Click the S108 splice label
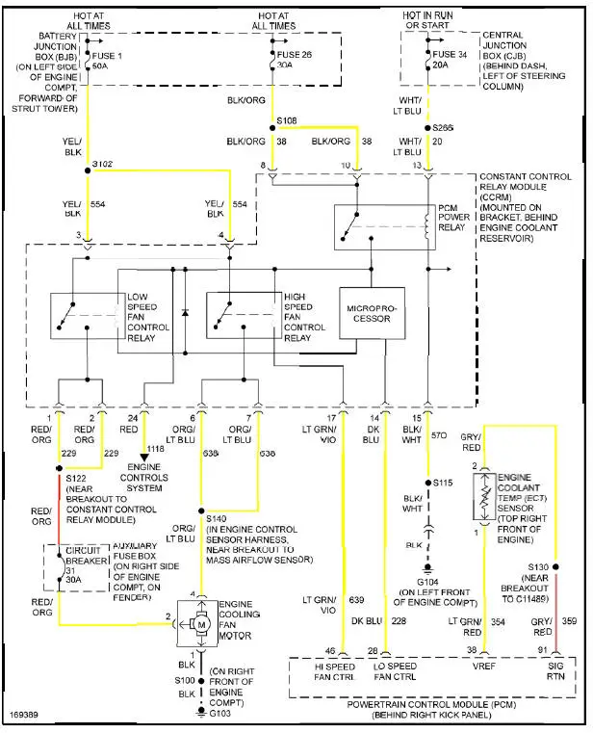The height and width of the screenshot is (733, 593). point(287,121)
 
